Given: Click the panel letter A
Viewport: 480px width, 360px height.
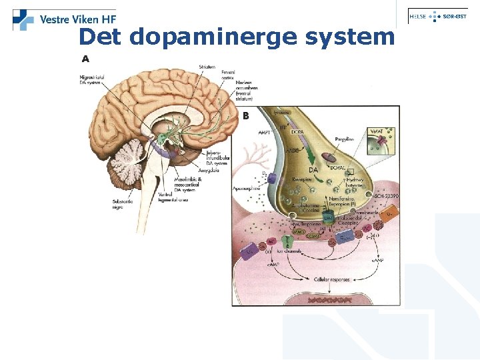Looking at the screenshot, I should coord(85,59).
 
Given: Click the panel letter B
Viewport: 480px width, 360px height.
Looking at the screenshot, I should coord(245,116).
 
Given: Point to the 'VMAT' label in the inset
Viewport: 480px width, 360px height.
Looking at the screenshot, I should coord(378,133).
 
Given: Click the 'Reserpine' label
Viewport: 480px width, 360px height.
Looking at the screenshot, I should coord(304,179).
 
